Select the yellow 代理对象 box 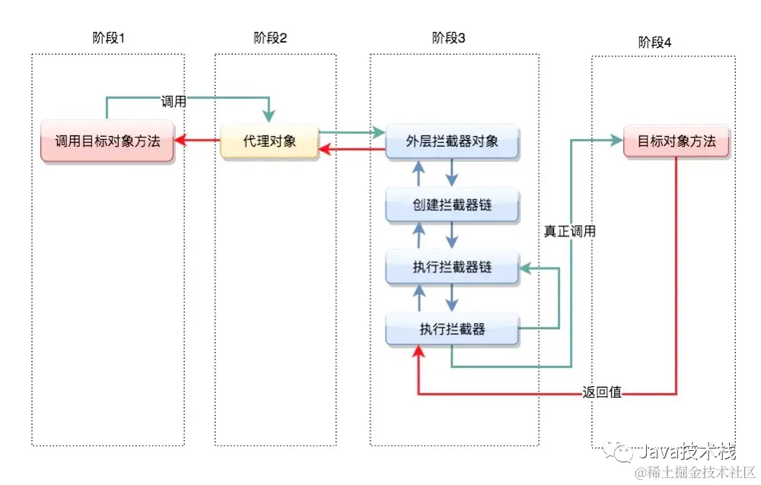pyautogui.click(x=269, y=141)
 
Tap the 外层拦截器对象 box pyautogui.click(x=452, y=141)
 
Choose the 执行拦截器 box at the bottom pyautogui.click(x=452, y=329)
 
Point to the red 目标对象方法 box pyautogui.click(x=677, y=141)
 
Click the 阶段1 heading pyautogui.click(x=107, y=38)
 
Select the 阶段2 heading pyautogui.click(x=270, y=38)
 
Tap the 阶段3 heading pyautogui.click(x=449, y=38)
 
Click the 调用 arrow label pyautogui.click(x=174, y=101)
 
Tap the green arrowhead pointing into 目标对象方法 pyautogui.click(x=616, y=139)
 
